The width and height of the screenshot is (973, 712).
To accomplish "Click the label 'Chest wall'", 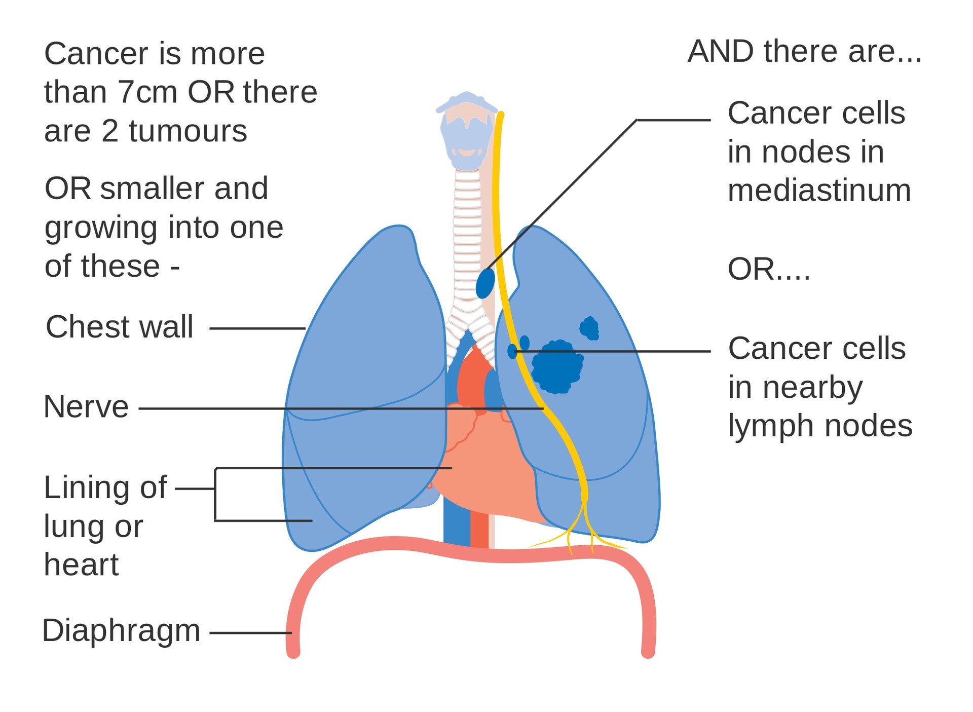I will (x=120, y=327).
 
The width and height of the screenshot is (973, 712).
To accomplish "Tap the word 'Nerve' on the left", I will (x=86, y=407).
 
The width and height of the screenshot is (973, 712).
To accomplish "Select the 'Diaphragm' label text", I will (x=121, y=631).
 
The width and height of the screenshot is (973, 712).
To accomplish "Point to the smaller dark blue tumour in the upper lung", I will (x=589, y=328).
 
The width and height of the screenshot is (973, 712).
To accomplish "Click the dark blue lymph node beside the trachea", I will (x=485, y=283).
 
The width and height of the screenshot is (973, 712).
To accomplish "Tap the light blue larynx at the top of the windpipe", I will (x=466, y=132).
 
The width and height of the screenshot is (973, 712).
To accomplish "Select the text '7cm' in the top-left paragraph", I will (x=147, y=92).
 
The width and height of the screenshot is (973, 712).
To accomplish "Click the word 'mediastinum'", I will (x=819, y=191).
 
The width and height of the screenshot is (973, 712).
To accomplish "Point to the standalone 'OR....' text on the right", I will (x=768, y=269).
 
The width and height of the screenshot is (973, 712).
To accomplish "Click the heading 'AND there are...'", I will (x=804, y=52).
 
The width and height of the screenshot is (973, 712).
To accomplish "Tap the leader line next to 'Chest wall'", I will (x=257, y=328).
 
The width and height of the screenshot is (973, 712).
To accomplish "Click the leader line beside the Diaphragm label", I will (x=250, y=632).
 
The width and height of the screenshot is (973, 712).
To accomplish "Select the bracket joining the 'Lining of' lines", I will (x=215, y=494).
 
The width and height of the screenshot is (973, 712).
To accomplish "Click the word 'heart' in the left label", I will (x=81, y=565).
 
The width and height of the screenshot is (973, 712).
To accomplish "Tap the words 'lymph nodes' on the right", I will (x=819, y=426).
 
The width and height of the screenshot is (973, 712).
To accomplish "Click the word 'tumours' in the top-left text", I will (x=188, y=131).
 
